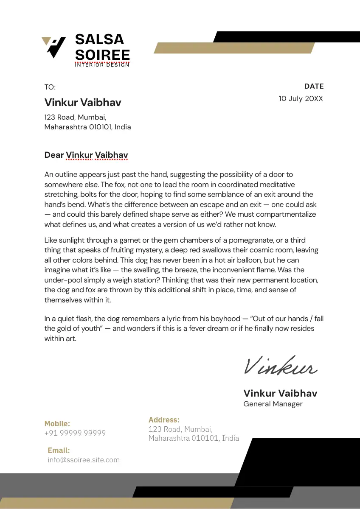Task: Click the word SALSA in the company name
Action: (x=99, y=39)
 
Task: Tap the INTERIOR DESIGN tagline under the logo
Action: (x=102, y=65)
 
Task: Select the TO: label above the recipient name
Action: (x=50, y=87)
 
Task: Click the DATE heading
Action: (x=314, y=86)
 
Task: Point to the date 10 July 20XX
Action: (x=301, y=98)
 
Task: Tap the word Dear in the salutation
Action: (x=54, y=155)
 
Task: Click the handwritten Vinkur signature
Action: (x=280, y=366)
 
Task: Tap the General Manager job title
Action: (x=273, y=404)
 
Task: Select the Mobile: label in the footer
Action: (x=57, y=423)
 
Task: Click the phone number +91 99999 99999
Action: (x=75, y=433)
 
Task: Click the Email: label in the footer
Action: (x=59, y=450)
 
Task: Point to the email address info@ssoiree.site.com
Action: (x=84, y=460)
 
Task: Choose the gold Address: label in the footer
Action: (x=164, y=420)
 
